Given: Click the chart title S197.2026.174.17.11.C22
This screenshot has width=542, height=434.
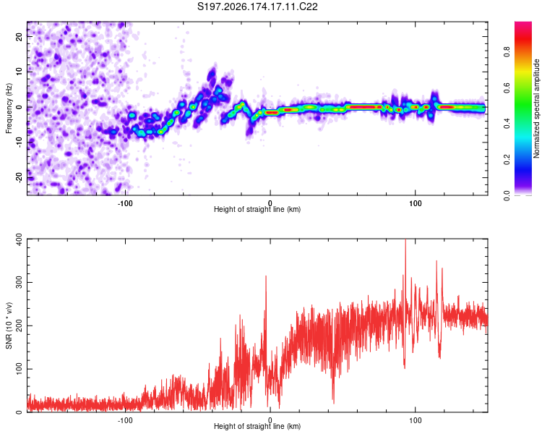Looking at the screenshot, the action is click(x=257, y=7).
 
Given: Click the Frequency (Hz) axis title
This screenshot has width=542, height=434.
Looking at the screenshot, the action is click(x=9, y=109).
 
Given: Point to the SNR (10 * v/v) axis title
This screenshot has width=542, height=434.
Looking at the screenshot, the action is click(x=9, y=325).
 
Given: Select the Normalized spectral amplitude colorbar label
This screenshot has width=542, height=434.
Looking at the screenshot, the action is click(x=536, y=109).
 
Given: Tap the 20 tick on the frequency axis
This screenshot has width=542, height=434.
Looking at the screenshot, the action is click(x=19, y=37).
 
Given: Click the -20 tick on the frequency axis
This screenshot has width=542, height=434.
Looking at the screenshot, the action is click(x=19, y=177).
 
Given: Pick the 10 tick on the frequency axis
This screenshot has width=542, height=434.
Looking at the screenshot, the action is click(x=19, y=72).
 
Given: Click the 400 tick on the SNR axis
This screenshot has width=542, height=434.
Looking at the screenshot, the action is click(x=19, y=239).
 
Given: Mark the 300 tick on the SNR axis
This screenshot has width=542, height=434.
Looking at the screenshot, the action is click(x=19, y=282).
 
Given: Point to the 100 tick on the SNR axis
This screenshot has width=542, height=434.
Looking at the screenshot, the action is click(x=19, y=369).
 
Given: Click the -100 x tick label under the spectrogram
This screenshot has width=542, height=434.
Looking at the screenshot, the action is click(x=125, y=203).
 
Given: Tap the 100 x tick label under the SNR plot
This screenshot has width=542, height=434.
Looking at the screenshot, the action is click(x=415, y=420).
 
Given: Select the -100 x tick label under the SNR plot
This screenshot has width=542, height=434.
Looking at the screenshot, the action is click(x=125, y=420).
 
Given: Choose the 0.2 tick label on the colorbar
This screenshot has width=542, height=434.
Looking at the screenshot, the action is click(x=507, y=160).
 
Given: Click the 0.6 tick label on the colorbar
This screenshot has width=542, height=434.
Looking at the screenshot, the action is click(x=507, y=88).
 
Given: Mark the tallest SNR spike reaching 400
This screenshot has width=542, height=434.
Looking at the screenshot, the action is click(x=405, y=240).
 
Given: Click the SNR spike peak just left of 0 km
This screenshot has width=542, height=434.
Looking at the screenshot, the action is click(x=266, y=276).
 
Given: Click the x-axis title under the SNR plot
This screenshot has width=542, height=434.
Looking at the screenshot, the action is click(x=257, y=426).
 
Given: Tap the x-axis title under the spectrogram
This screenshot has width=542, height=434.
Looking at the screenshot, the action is click(x=257, y=209).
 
